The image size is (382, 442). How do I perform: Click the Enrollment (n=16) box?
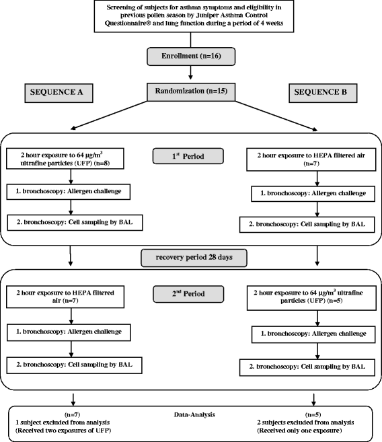[x=191, y=57]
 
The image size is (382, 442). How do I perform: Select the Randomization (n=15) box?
[x=191, y=92]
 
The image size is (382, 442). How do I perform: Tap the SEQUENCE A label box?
[x=59, y=93]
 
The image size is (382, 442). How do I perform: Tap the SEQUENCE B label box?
[x=323, y=93]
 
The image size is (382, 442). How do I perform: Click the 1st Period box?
[x=188, y=156]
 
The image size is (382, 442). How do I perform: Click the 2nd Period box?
[x=188, y=294]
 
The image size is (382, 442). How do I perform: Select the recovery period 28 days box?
[x=194, y=258]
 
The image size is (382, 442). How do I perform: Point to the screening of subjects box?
[x=194, y=16]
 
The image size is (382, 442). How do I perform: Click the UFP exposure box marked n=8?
[x=65, y=159]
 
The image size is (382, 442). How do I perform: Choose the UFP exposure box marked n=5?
[x=311, y=298]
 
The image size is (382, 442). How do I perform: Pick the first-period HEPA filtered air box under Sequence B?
[x=311, y=159]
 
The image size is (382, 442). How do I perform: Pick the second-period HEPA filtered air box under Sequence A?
[x=65, y=297]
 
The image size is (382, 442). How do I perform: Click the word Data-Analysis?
[x=194, y=414]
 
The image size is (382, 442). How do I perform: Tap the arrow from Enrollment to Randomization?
[x=191, y=73]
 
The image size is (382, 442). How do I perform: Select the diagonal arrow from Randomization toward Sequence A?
[x=109, y=115]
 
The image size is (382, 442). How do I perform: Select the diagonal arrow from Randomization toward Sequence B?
[x=276, y=116]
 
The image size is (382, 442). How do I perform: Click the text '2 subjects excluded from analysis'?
[x=305, y=422]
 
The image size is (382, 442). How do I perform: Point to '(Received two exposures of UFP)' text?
[x=63, y=431]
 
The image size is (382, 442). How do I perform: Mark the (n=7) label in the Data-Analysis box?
[x=73, y=414]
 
